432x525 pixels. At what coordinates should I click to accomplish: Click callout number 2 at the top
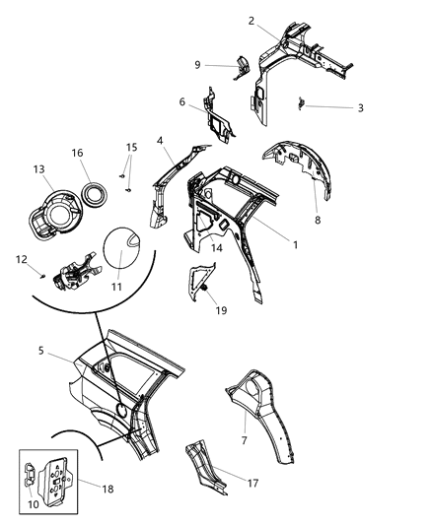coord(252,21)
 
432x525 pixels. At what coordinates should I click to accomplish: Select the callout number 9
coord(197,65)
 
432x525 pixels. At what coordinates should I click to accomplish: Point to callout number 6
coord(182,101)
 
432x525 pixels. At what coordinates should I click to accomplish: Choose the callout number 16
coord(77,153)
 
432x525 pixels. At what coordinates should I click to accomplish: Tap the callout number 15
coord(131,148)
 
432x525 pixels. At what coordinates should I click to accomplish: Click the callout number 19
coord(222,309)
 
